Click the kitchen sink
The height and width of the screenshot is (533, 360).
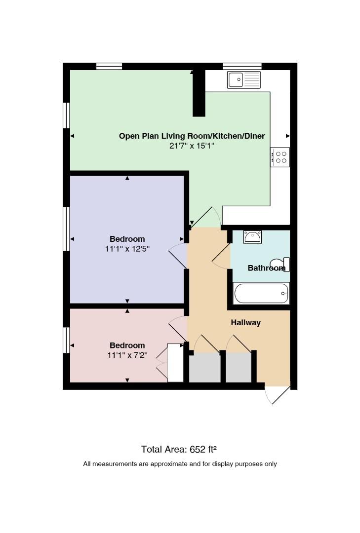point(243,80)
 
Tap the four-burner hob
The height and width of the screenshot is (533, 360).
point(280,157)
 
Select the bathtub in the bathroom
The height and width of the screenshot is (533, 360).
point(261,293)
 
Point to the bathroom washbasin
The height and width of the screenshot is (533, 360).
point(252,236)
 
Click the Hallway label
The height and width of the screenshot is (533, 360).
point(245,323)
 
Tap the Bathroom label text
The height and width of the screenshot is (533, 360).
point(267,268)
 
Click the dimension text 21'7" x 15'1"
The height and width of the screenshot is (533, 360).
point(192,146)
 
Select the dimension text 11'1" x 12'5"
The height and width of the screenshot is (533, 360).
point(127,249)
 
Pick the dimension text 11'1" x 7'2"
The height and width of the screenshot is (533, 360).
point(127,355)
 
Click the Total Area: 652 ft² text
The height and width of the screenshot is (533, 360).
point(179,450)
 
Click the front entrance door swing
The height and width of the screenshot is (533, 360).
point(277,395)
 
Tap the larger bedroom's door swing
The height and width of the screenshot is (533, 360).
point(178,256)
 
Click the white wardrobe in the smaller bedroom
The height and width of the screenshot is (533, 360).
point(176,362)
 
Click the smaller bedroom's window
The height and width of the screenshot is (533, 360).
point(66,340)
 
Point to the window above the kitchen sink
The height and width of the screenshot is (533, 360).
point(242,66)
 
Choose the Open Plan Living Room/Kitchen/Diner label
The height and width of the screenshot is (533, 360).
point(192,136)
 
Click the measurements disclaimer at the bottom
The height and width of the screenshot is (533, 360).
point(180,463)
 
